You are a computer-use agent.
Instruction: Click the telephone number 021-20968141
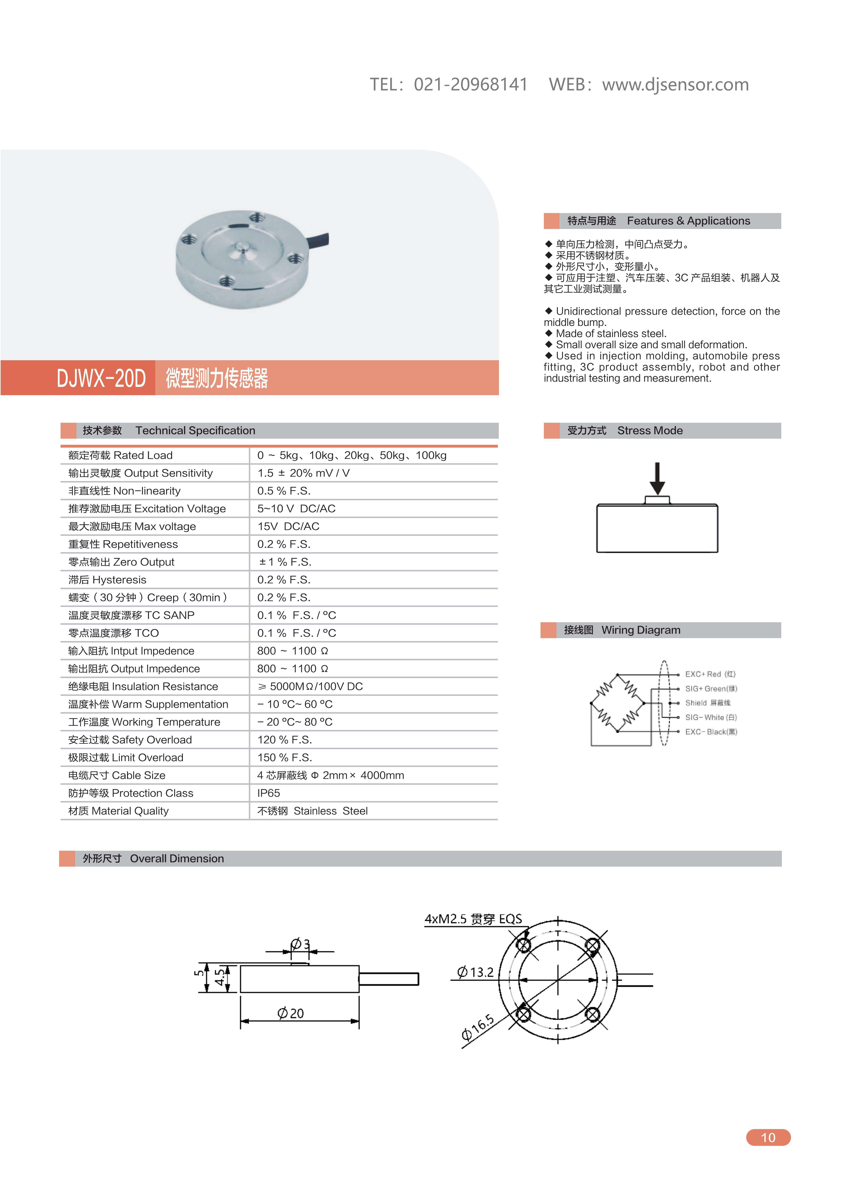[x=471, y=84]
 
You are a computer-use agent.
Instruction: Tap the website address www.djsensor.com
[x=675, y=84]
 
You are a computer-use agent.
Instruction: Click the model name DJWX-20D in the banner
[x=101, y=378]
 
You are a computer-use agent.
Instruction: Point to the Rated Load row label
[x=120, y=455]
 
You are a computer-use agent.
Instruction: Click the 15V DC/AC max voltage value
[x=288, y=526]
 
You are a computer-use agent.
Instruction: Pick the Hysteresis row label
[x=107, y=580]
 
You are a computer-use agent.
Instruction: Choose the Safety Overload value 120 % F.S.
[x=284, y=740]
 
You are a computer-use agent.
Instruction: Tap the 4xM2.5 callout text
[x=473, y=919]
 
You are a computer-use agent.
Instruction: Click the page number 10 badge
[x=768, y=1138]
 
